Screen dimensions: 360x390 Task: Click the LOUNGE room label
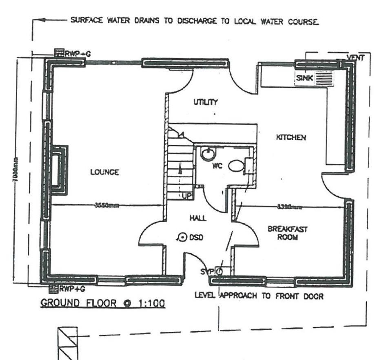(x=104, y=172)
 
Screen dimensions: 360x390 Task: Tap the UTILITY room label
(x=205, y=102)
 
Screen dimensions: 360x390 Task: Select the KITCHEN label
(x=291, y=137)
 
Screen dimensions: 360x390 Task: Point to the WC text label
(x=216, y=167)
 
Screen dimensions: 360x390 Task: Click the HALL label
(x=197, y=218)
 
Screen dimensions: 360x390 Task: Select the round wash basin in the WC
(x=208, y=154)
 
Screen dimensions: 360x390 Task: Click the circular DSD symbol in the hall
(x=183, y=236)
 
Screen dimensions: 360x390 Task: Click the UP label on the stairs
(x=187, y=196)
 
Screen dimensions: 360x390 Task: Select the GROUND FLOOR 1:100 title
(x=102, y=303)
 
